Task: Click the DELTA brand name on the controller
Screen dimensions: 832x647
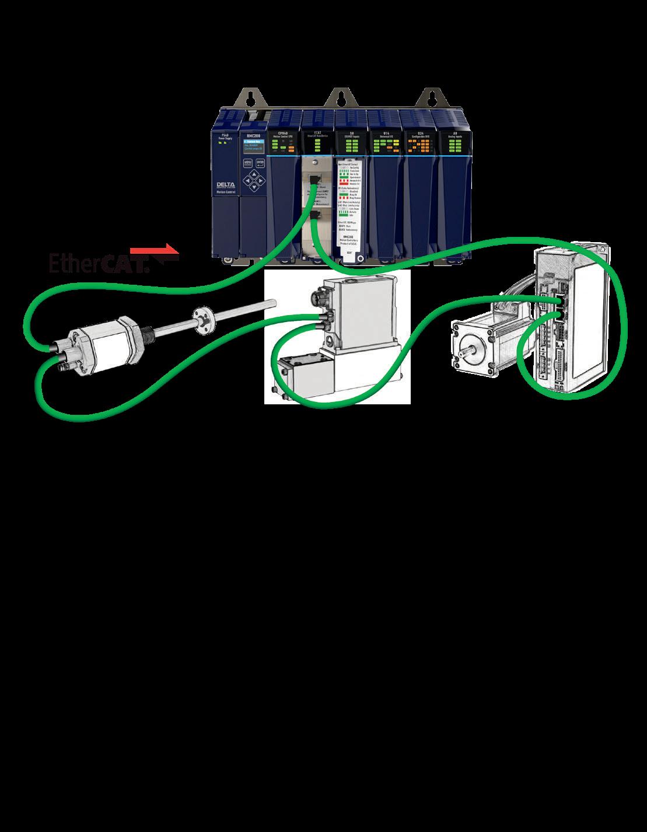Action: coord(224,185)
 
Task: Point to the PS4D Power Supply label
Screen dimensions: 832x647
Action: coord(224,137)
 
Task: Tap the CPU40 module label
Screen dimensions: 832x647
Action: coord(283,135)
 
